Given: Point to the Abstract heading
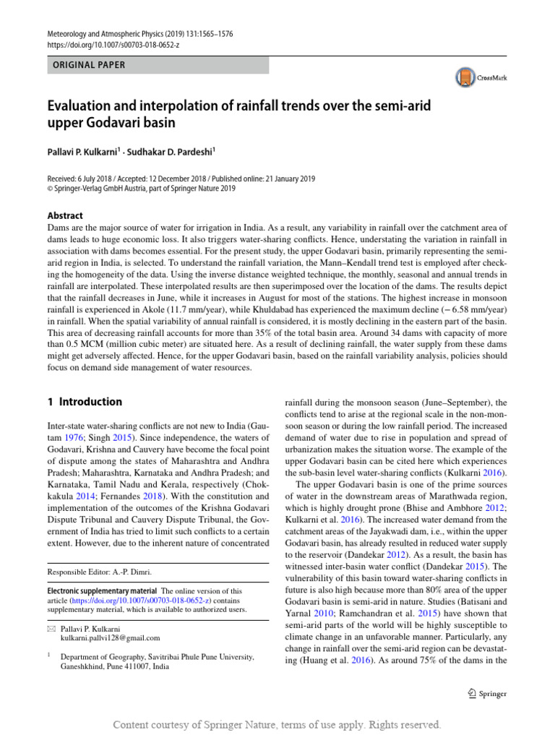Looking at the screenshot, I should pos(64,215).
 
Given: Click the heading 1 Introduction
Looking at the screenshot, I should pos(85,402).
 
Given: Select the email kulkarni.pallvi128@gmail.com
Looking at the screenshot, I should pos(110,638).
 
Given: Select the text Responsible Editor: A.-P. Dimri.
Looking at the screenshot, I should pos(99,572).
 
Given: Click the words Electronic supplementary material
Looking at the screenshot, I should pos(102,591).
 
